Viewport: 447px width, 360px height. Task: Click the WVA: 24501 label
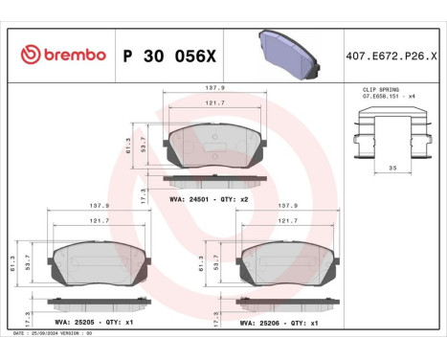(x=188, y=197)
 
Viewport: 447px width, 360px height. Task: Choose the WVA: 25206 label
(x=260, y=323)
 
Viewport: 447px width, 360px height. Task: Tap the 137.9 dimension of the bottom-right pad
(x=285, y=204)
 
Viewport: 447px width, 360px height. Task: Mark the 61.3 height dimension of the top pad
(x=127, y=144)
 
